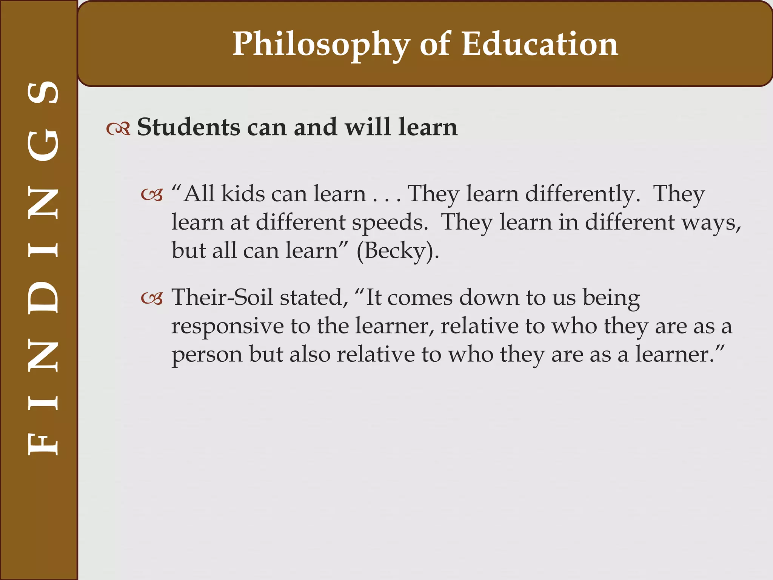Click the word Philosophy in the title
(x=321, y=45)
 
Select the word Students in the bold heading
(x=188, y=127)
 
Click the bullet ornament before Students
(x=118, y=129)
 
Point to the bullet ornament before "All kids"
(x=152, y=195)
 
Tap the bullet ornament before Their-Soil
(x=152, y=299)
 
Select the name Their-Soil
(x=222, y=297)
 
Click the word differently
(x=583, y=194)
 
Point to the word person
(x=207, y=355)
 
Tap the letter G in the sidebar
(x=43, y=145)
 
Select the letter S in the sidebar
(x=43, y=93)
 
